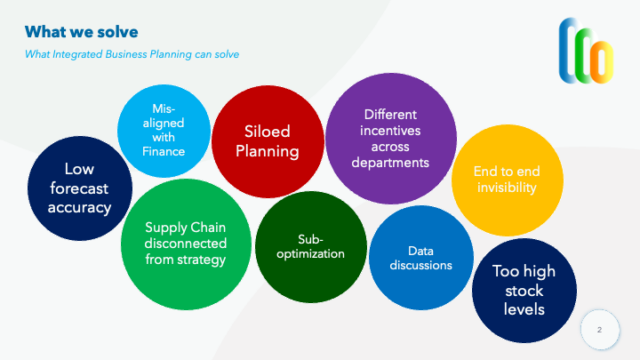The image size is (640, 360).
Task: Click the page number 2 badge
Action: (x=599, y=328)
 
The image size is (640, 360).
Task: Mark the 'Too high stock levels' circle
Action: (x=523, y=290)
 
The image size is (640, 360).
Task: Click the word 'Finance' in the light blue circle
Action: (x=163, y=152)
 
